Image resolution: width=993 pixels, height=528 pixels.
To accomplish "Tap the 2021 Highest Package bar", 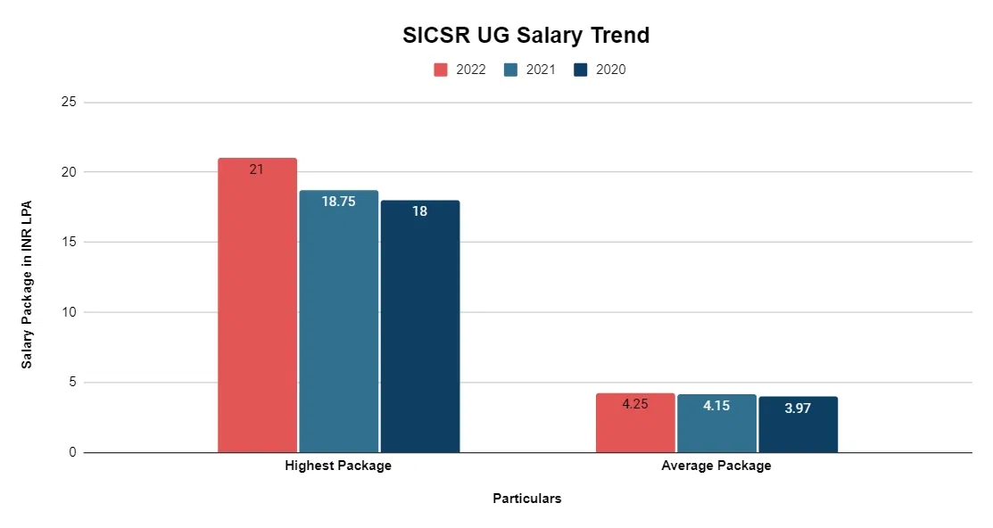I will [x=338, y=321].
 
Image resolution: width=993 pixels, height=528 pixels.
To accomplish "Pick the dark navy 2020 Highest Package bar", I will [x=419, y=326].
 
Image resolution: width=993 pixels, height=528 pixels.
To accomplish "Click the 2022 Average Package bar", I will [x=634, y=423].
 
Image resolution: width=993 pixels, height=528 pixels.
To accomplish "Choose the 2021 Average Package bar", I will [x=716, y=424].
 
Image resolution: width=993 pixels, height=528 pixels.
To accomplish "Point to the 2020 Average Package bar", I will [x=798, y=425].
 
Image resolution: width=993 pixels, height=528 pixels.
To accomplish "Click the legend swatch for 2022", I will [x=441, y=70].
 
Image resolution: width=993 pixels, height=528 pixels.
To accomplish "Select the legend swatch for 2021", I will [x=510, y=70].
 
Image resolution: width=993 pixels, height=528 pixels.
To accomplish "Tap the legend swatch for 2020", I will [x=581, y=70].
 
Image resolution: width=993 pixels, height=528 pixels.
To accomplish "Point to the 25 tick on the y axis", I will [x=68, y=103].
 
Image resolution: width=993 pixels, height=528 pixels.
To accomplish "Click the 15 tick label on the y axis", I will [x=68, y=243].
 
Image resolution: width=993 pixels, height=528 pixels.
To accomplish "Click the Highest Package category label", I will [x=338, y=466].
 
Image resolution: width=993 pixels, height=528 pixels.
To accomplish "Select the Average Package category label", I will [x=716, y=466].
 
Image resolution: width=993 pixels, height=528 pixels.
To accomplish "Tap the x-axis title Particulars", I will [x=527, y=499].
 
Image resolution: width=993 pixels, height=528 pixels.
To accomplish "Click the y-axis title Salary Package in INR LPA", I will [x=27, y=284].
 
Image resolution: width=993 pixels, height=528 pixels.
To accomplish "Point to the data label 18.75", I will [x=338, y=202].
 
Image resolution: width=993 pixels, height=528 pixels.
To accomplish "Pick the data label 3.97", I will [x=798, y=408].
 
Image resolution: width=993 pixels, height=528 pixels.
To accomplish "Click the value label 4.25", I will [x=634, y=404].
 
